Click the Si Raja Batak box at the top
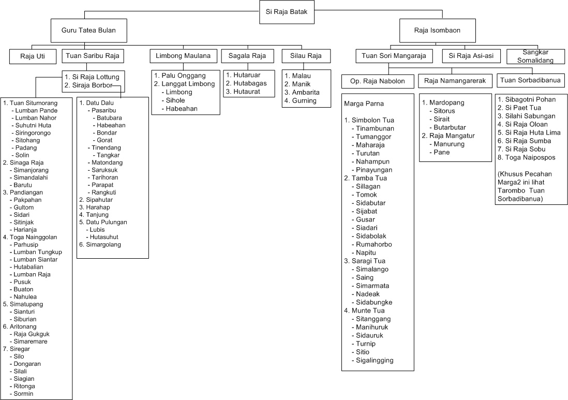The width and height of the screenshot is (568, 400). click(x=286, y=12)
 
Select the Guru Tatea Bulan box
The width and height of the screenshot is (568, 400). click(x=89, y=31)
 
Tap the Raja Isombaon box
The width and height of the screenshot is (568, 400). click(x=437, y=31)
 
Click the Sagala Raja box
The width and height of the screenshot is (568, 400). click(x=247, y=56)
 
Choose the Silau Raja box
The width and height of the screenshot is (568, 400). click(x=306, y=56)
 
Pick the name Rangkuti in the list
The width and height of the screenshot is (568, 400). click(x=103, y=192)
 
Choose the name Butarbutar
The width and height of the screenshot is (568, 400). click(x=450, y=127)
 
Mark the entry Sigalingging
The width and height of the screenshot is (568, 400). click(x=375, y=360)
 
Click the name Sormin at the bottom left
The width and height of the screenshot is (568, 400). click(x=24, y=394)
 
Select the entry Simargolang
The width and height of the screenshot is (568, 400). click(x=102, y=244)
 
